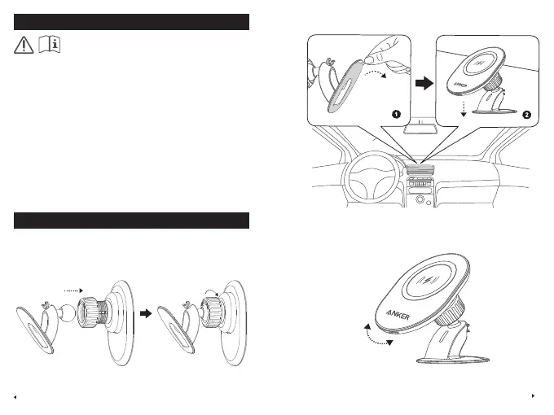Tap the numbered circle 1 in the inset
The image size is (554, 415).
pos(396,115)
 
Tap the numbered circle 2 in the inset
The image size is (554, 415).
pos(526,115)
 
